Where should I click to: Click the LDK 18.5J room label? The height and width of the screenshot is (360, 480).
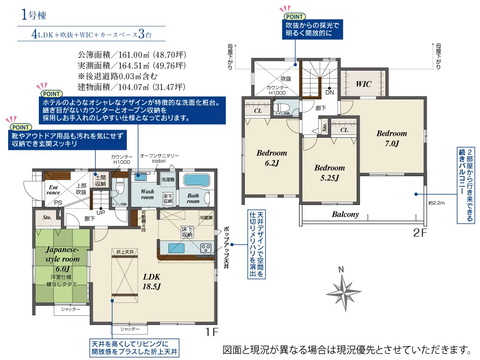click(x=151, y=282)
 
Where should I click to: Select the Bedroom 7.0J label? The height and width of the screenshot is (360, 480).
click(x=391, y=138)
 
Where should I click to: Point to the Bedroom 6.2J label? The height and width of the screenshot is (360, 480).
click(x=271, y=158)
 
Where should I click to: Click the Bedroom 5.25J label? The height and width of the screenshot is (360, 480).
click(x=329, y=173)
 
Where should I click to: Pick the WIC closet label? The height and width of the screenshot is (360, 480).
click(x=363, y=84)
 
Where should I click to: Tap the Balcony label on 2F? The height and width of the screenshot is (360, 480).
click(x=345, y=215)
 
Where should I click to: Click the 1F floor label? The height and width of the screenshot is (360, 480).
click(x=212, y=332)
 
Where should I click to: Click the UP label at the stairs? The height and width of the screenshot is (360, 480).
click(x=101, y=212)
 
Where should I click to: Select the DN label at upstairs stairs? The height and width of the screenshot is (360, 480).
click(x=330, y=92)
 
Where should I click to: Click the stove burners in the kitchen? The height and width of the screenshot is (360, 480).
click(x=205, y=248)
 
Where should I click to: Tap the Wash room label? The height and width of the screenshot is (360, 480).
click(x=147, y=194)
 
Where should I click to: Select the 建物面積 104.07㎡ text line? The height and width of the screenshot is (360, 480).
click(x=131, y=87)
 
